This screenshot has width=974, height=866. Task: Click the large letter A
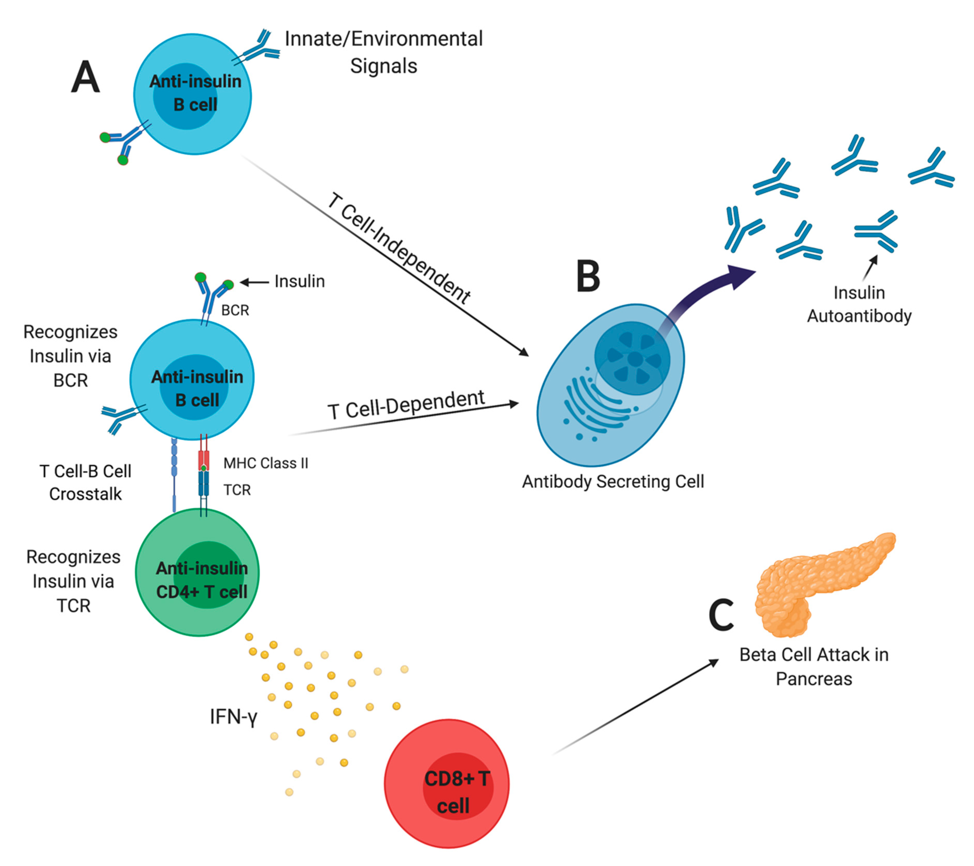[x=86, y=77]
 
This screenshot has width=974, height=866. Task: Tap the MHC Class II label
[x=265, y=463]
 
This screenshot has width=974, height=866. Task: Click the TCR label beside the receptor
[x=237, y=490]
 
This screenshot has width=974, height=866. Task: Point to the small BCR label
[x=235, y=311]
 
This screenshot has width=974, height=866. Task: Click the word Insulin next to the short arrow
[x=299, y=281]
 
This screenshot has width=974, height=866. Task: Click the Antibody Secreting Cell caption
[x=613, y=482]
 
